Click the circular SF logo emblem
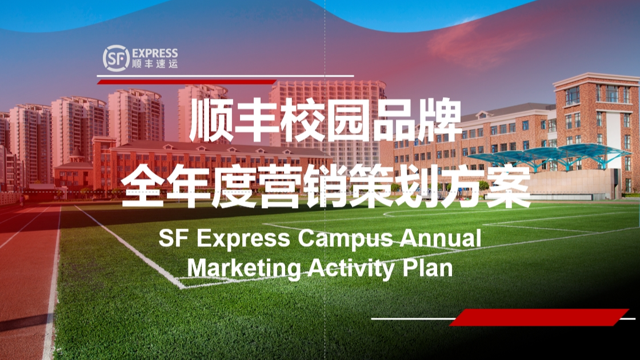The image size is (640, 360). pos(116,58)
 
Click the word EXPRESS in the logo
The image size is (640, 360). pos(155,54)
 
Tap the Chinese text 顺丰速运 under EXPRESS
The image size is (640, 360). pos(155,64)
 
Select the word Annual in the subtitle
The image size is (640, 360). pos(441,238)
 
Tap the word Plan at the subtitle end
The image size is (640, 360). pos(428,268)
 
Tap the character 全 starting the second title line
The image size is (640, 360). pos(143,186)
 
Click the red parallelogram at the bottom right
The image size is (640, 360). pos(539,318)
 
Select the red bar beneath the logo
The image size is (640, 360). pos(186,82)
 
